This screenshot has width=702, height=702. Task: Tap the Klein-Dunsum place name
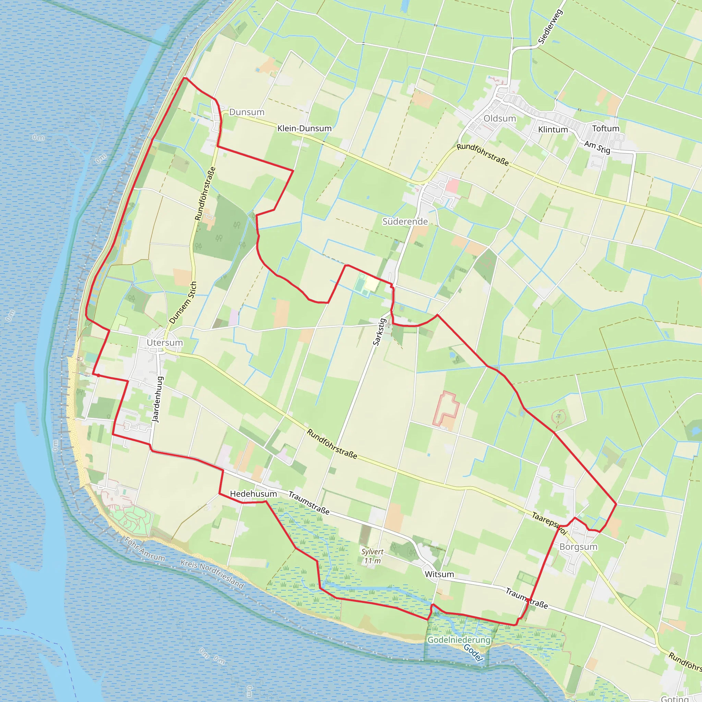pyautogui.click(x=304, y=128)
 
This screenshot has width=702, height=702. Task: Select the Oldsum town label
pyautogui.click(x=500, y=119)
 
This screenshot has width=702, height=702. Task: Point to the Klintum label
pyautogui.click(x=553, y=130)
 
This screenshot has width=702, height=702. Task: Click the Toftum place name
pyautogui.click(x=606, y=129)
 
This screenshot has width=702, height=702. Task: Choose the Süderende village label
pyautogui.click(x=405, y=221)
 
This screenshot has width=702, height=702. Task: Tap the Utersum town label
pyautogui.click(x=165, y=342)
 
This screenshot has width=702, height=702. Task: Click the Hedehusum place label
pyautogui.click(x=253, y=494)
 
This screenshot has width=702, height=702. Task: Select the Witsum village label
pyautogui.click(x=439, y=574)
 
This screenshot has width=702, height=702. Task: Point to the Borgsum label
pyautogui.click(x=579, y=547)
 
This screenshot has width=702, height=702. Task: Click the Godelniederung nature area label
pyautogui.click(x=459, y=640)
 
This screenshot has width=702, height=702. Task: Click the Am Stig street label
pyautogui.click(x=597, y=147)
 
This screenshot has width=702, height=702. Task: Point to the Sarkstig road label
pyautogui.click(x=379, y=332)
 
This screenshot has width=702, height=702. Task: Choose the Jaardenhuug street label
pyautogui.click(x=157, y=400)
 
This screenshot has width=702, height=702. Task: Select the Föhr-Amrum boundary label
pyautogui.click(x=145, y=549)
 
